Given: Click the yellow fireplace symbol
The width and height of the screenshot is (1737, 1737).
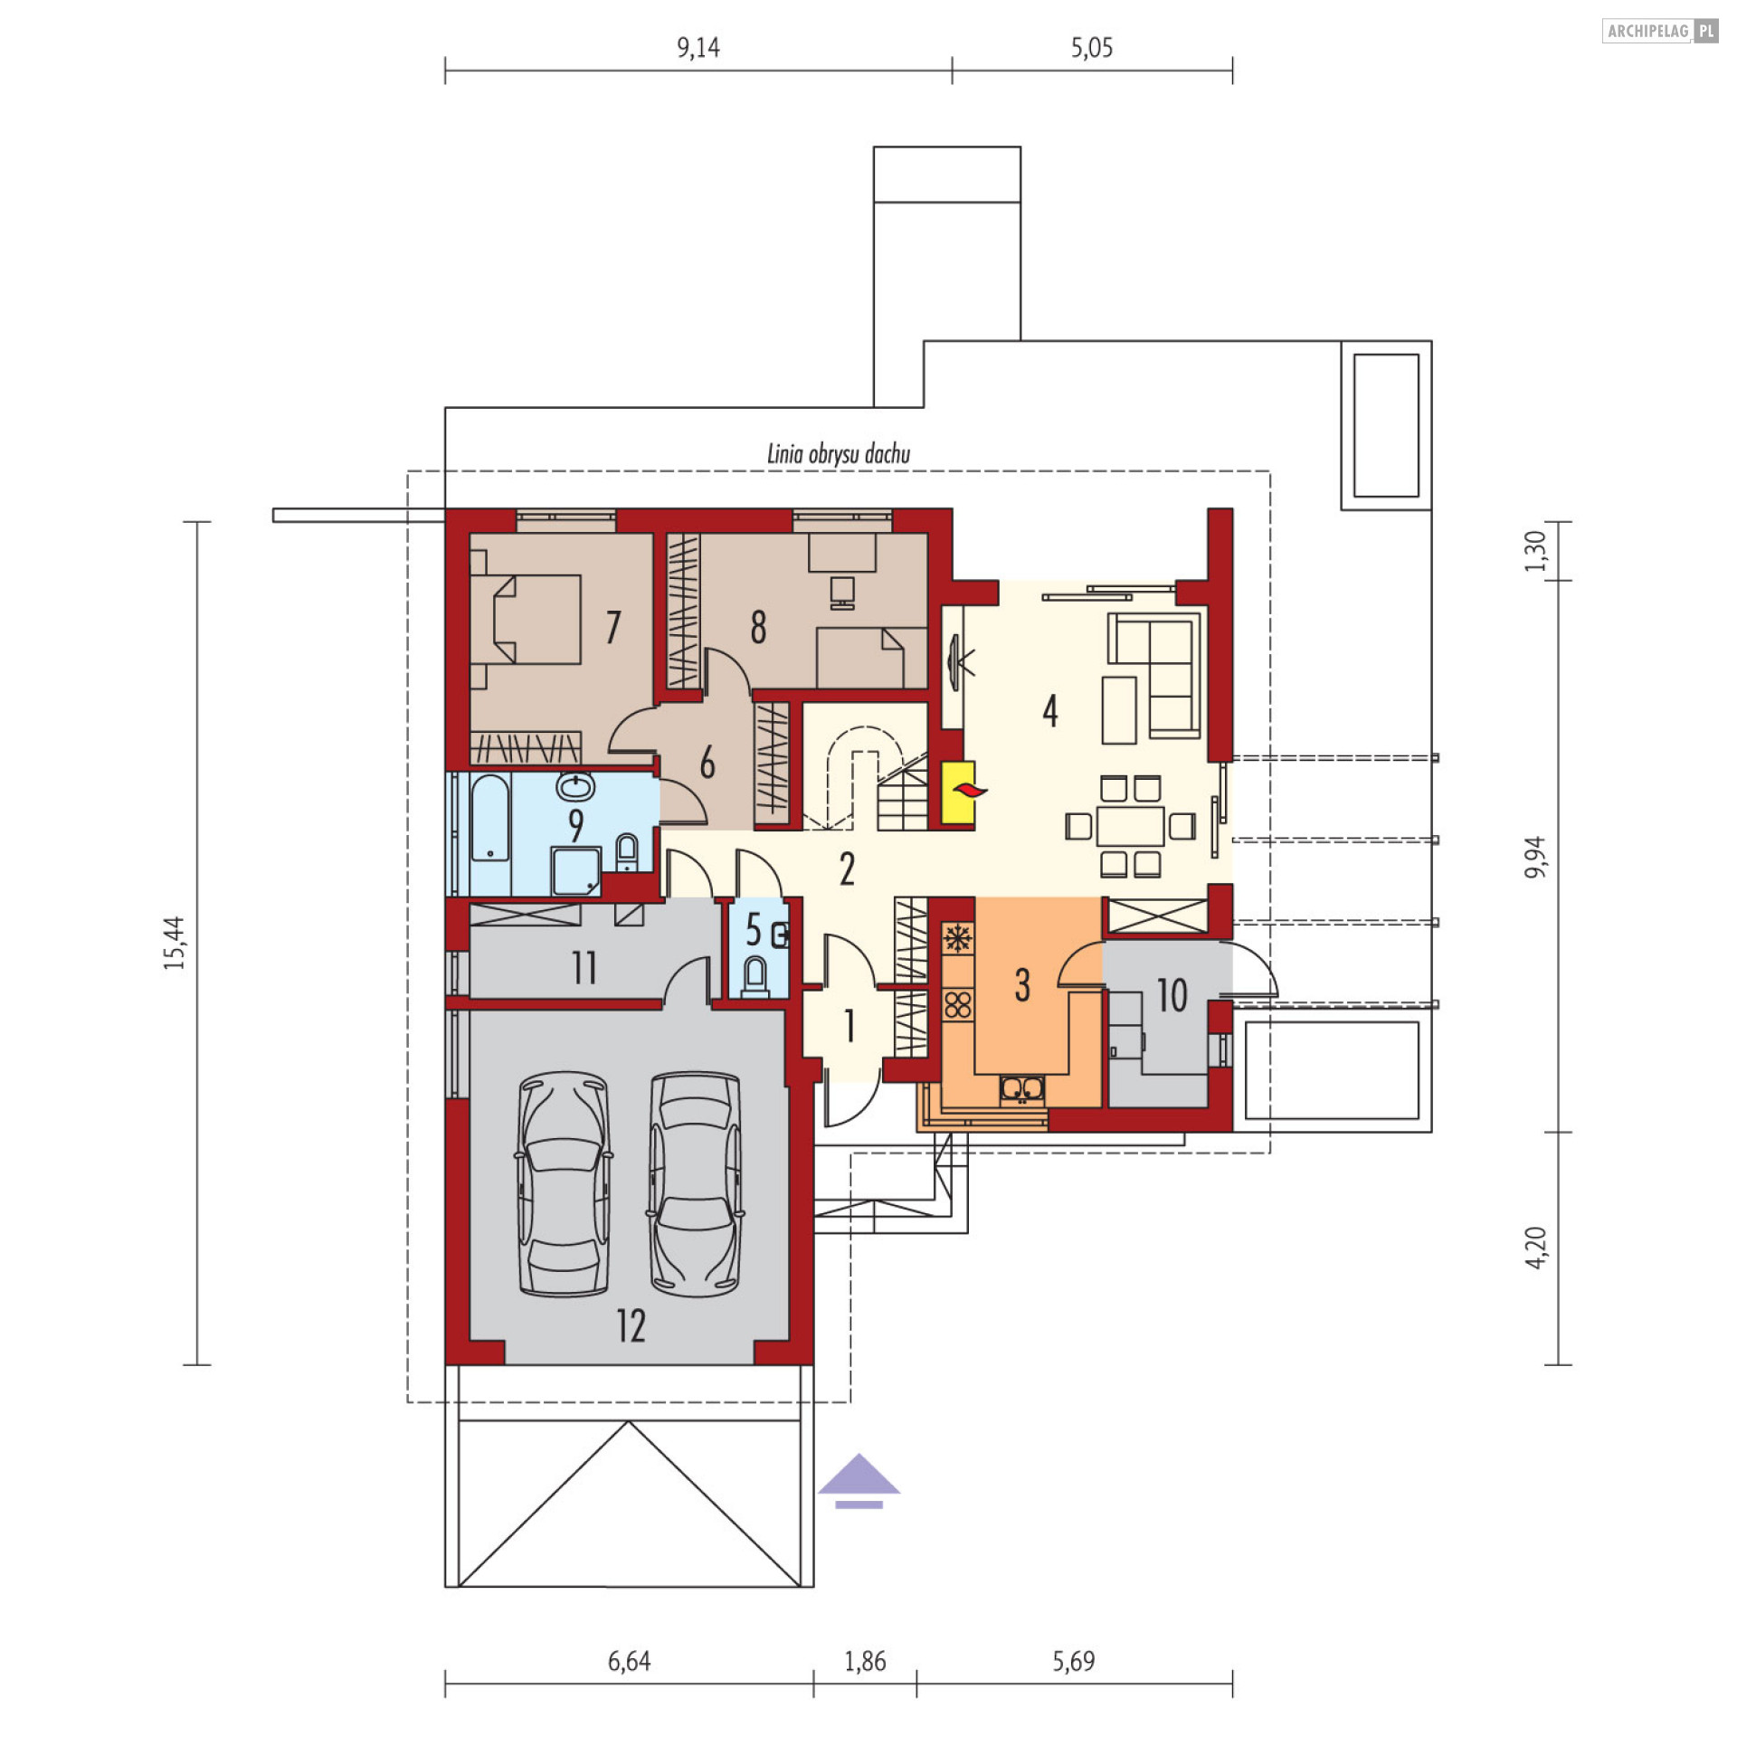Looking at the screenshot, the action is coord(958,793).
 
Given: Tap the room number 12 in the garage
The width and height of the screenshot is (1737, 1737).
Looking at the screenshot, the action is coord(631,1326).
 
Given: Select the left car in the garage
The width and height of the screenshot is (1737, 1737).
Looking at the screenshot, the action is coord(564,1184).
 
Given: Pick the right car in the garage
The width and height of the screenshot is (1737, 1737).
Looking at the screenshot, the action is coord(695,1184).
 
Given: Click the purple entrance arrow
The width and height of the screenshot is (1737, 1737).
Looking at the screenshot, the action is coord(859,1481).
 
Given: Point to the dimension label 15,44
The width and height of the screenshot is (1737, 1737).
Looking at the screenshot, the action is coord(175,943).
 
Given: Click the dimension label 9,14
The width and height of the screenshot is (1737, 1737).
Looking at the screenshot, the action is coord(698,47).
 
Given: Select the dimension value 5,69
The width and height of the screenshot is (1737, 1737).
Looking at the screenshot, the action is coord(1073,1661).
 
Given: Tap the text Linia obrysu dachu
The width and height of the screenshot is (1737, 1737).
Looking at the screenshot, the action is coord(839,453).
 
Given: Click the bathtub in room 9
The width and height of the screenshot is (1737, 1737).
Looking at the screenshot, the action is coord(490,817).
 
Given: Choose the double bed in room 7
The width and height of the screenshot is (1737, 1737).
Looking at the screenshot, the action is coord(526,620).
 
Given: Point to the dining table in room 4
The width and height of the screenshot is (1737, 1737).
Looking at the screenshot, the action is coord(1130,826).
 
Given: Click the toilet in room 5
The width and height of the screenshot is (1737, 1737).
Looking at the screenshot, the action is coord(755,976).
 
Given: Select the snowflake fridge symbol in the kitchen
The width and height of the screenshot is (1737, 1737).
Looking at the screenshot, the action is coord(957,938).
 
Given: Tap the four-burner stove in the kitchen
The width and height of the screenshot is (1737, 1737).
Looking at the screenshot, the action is coord(958,1004).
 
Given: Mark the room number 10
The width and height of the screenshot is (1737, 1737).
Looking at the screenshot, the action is coord(1172,996).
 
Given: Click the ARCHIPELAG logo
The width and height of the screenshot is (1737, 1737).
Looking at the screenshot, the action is coord(1659,31).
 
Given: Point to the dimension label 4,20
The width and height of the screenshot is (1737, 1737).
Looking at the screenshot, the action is coord(1535,1248).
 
